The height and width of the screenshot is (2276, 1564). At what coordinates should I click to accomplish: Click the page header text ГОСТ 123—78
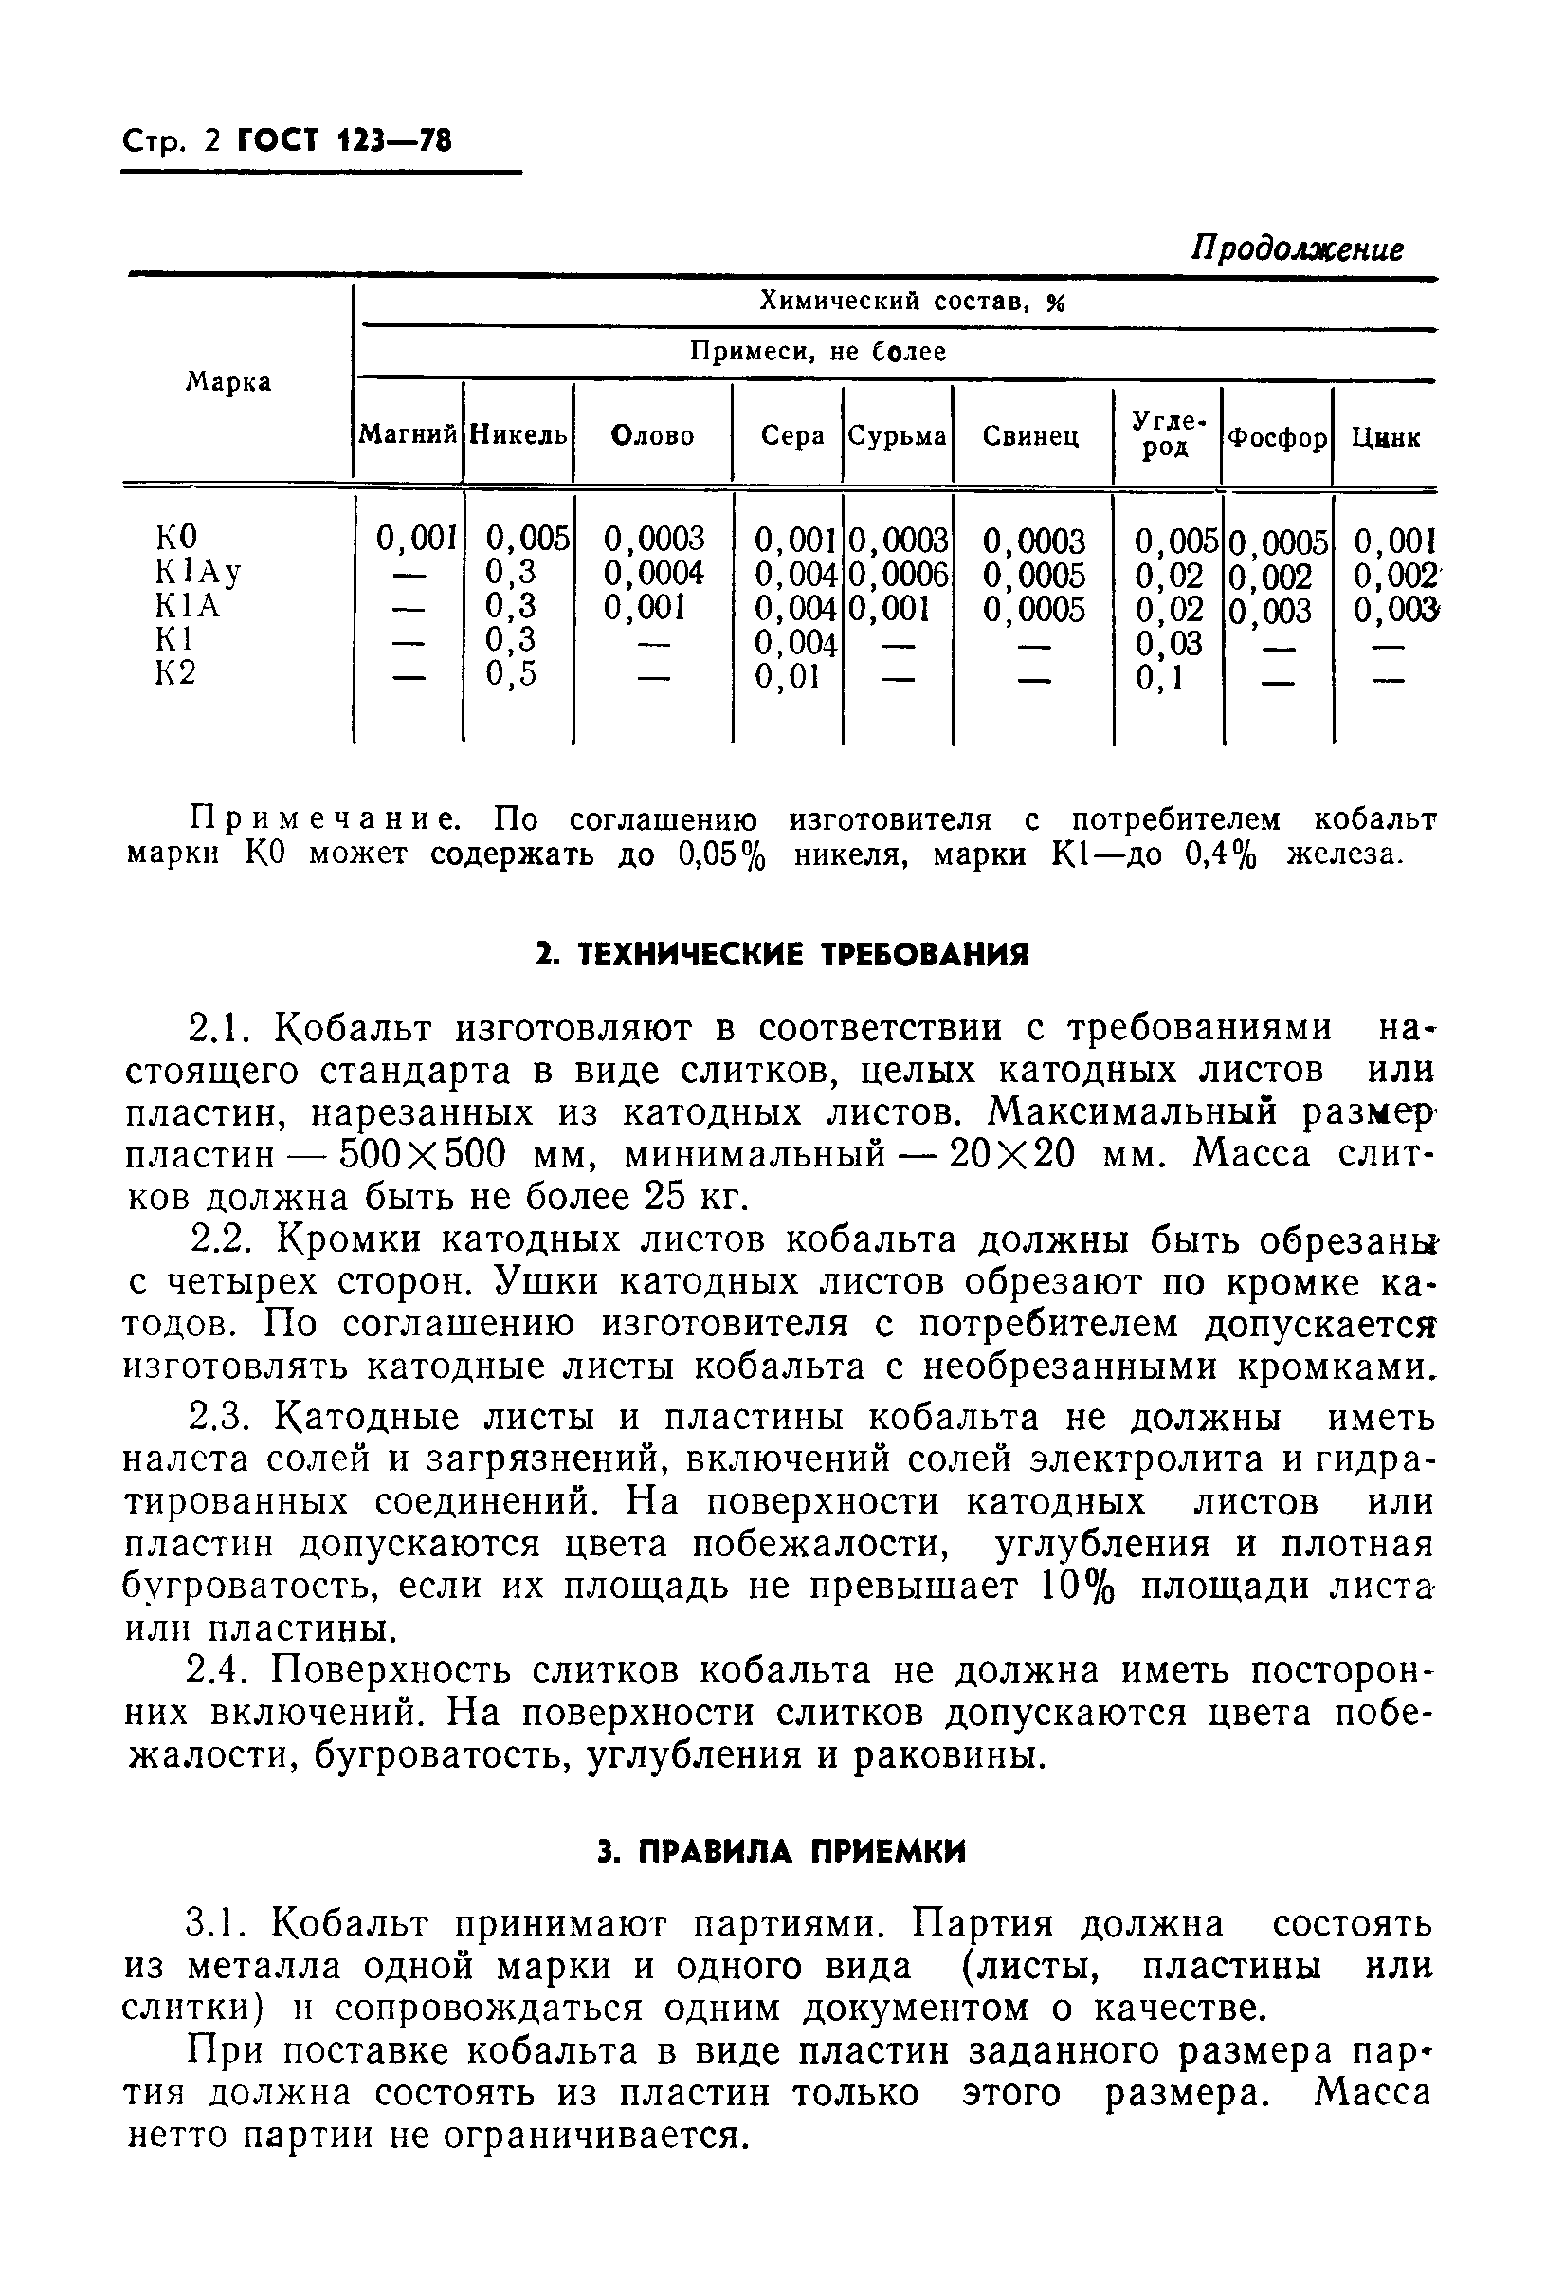pos(343,143)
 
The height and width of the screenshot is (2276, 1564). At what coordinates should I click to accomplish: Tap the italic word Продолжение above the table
pos(1297,249)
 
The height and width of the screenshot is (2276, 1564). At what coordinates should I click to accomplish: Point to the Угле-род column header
pos(1167,434)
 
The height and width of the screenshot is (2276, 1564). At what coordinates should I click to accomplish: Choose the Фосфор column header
pos(1278,437)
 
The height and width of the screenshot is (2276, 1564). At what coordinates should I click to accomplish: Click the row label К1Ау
pos(199,572)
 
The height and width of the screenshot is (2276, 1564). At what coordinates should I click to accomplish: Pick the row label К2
pos(175,673)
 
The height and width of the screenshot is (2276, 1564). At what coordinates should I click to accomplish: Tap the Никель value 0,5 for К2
pos(512,674)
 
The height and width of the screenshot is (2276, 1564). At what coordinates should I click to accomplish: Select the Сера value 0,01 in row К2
pos(787,676)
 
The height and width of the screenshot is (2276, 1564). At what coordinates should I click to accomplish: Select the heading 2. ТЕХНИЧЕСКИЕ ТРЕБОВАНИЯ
pos(781,955)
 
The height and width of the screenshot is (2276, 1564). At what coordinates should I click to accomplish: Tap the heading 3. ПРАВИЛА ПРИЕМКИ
pos(781,1851)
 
